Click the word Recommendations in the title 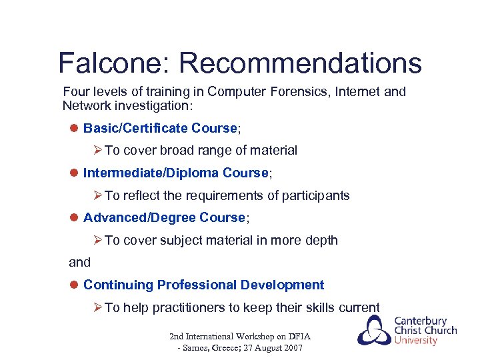[300, 63]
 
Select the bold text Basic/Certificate [135, 128]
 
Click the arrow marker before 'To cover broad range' [97, 151]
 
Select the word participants [317, 196]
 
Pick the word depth [322, 241]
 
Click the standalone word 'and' [79, 263]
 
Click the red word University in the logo [416, 341]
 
